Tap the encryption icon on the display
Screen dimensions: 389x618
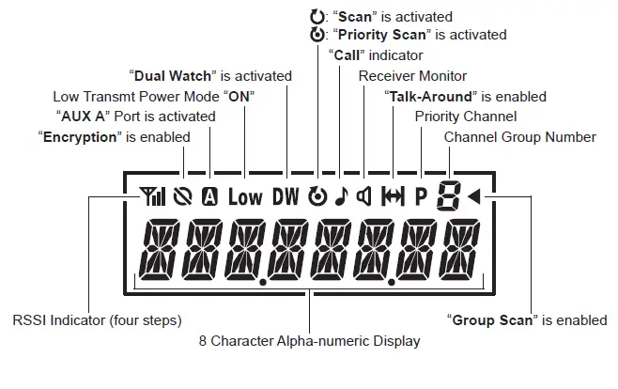(185, 196)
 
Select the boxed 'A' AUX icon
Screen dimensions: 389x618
(210, 196)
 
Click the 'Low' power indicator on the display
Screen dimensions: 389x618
(245, 196)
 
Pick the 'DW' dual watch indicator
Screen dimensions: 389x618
(286, 196)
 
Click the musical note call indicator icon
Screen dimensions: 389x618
(341, 196)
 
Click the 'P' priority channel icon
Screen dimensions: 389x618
(420, 196)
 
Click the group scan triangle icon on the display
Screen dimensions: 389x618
(474, 196)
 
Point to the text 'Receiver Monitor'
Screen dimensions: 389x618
(412, 76)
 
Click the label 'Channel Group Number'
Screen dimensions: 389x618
(519, 137)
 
